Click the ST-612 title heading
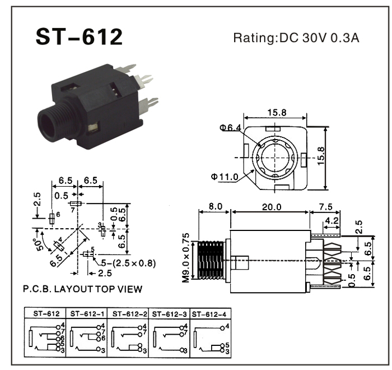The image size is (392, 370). click(x=78, y=37)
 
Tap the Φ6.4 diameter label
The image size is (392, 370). click(x=231, y=128)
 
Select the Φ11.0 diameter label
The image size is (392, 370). click(x=225, y=177)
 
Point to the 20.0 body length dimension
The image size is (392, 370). click(x=271, y=207)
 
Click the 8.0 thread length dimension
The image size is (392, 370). click(x=214, y=207)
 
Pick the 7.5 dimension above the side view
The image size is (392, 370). click(x=325, y=207)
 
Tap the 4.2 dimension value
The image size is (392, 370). click(x=331, y=220)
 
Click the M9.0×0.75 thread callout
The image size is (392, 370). click(x=186, y=257)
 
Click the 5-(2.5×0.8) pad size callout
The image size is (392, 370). click(x=124, y=262)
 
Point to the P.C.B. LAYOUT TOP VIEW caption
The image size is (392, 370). click(x=82, y=289)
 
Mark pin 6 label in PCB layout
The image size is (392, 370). click(x=57, y=215)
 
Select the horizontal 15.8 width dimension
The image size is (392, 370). click(x=277, y=112)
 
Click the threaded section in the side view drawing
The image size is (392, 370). click(x=211, y=261)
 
